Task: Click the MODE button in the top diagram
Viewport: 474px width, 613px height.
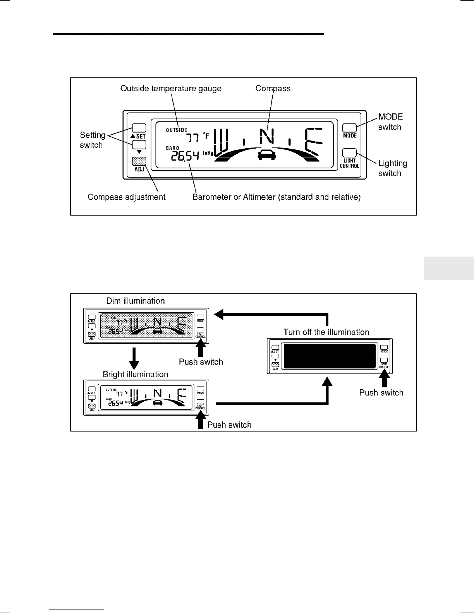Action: [x=349, y=128]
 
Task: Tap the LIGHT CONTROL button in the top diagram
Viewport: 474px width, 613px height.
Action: [x=349, y=152]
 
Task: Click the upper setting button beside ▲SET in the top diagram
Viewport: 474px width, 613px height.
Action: [x=139, y=128]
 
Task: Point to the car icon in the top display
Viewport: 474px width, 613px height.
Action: [x=266, y=155]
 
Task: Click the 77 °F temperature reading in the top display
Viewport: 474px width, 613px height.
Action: [x=197, y=137]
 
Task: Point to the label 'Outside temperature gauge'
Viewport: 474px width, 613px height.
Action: [x=171, y=88]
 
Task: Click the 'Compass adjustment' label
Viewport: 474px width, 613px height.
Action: [x=126, y=197]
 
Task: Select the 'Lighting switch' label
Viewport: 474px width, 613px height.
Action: [x=392, y=168]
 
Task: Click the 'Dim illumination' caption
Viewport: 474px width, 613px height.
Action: [x=135, y=301]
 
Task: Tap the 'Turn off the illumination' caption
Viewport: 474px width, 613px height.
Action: [x=326, y=332]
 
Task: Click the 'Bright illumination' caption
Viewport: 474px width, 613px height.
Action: [x=135, y=374]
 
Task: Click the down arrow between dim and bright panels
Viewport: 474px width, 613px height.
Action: [x=134, y=358]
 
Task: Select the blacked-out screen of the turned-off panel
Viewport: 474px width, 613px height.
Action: [x=330, y=356]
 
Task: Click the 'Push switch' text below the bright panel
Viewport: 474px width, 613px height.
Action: [x=229, y=425]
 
